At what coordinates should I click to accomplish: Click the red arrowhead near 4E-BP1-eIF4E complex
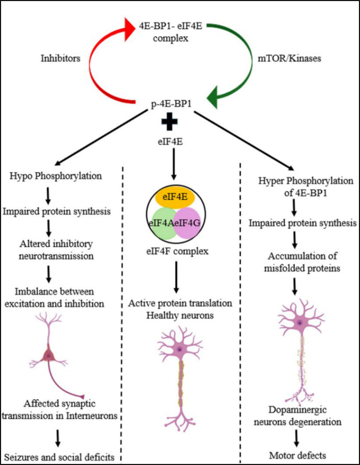[130, 29]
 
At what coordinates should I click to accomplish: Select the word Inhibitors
[60, 58]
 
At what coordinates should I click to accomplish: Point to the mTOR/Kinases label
[289, 58]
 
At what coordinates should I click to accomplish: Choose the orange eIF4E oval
[175, 197]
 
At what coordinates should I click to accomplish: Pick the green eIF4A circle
[163, 223]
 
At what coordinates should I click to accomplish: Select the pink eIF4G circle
[187, 223]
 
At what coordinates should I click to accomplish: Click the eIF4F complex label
[178, 251]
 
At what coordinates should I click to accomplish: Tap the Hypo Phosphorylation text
[56, 176]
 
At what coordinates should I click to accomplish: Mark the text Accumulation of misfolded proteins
[302, 262]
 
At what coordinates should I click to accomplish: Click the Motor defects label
[298, 455]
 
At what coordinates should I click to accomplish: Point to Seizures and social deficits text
[59, 457]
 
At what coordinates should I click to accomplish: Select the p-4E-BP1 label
[171, 103]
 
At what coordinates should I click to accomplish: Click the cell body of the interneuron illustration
[48, 355]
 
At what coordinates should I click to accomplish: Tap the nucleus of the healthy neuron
[179, 350]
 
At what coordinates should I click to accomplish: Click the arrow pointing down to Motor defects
[296, 439]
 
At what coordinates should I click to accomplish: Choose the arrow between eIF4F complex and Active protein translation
[176, 277]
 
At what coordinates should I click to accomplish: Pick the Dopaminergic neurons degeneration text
[298, 416]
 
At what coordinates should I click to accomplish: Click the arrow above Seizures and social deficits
[58, 438]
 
